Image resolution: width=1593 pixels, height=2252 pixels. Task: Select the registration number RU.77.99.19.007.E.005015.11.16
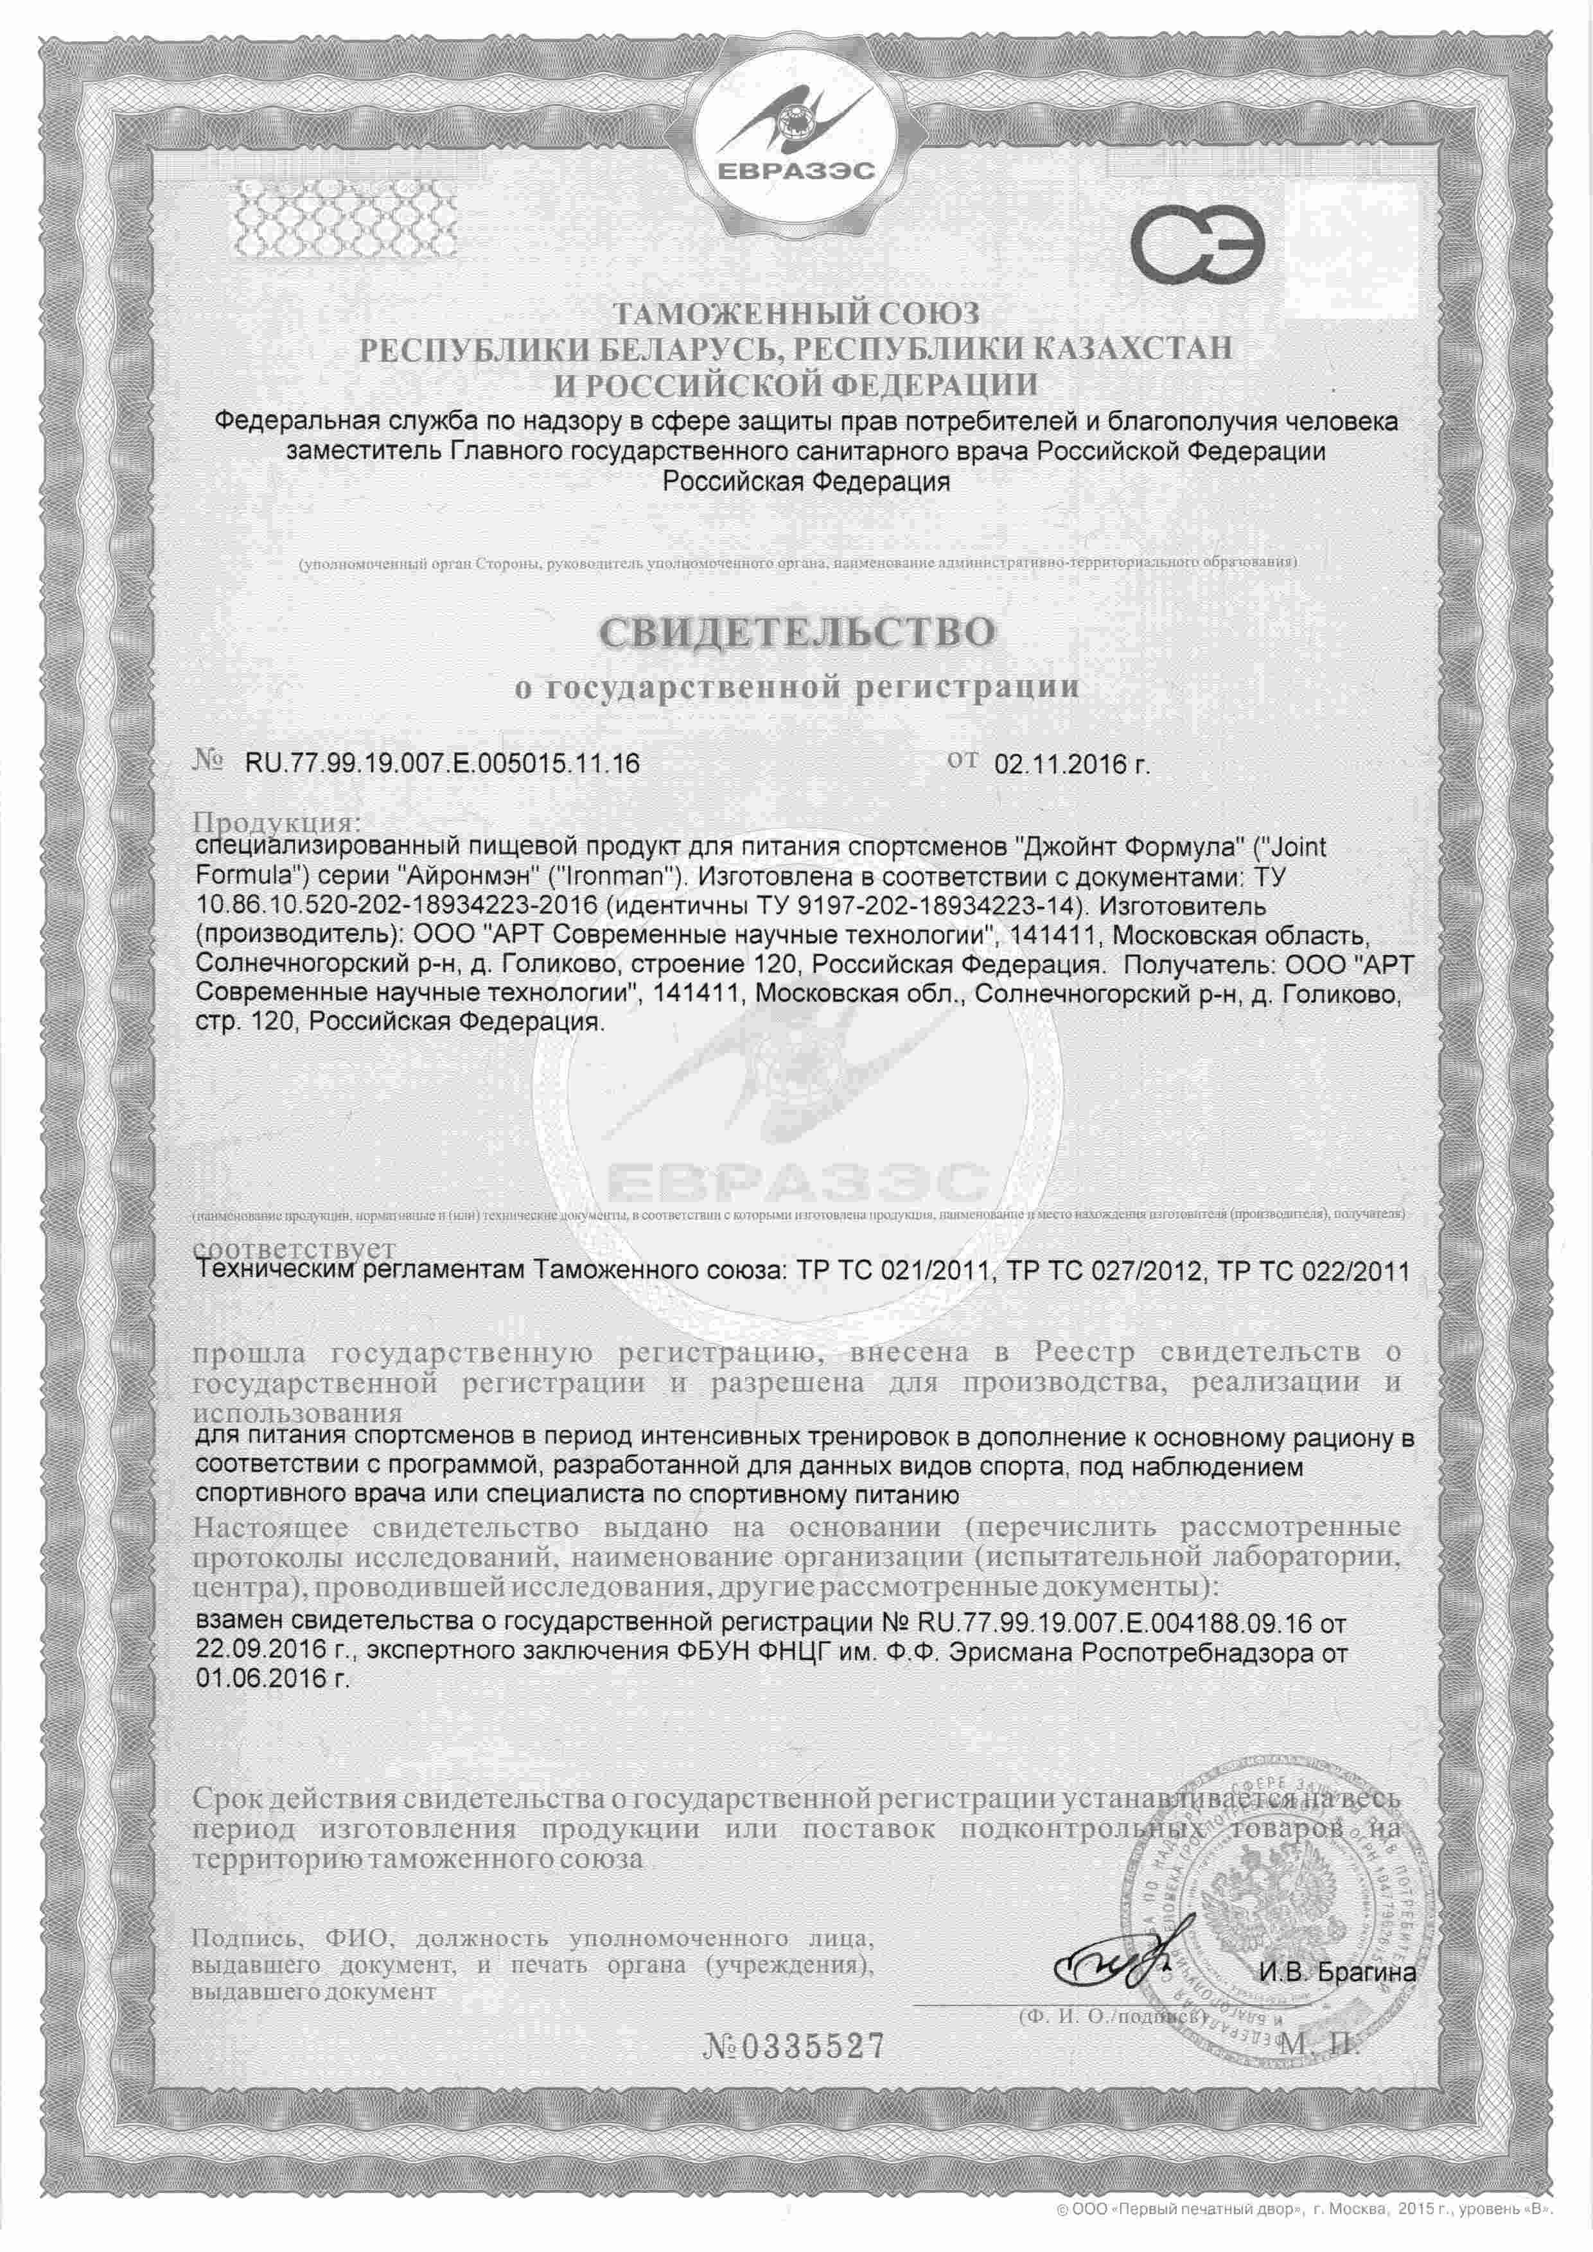click(435, 763)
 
